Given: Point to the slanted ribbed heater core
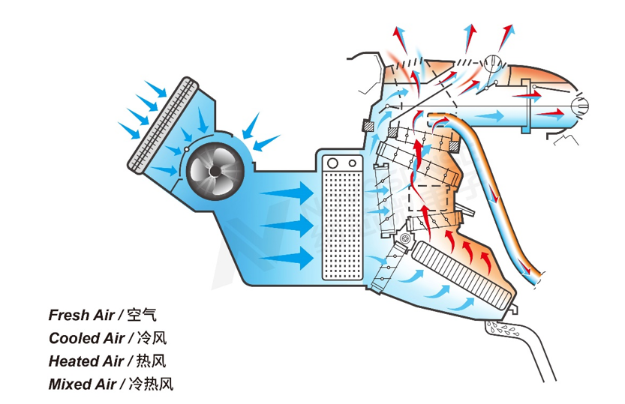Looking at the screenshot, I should click(x=457, y=271).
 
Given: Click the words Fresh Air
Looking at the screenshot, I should click(x=82, y=316).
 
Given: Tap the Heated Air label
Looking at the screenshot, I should click(x=86, y=361).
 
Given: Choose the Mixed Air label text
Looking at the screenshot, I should click(x=83, y=385).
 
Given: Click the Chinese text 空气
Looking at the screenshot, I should click(x=142, y=316).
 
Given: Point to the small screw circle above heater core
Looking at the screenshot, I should click(x=404, y=239).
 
